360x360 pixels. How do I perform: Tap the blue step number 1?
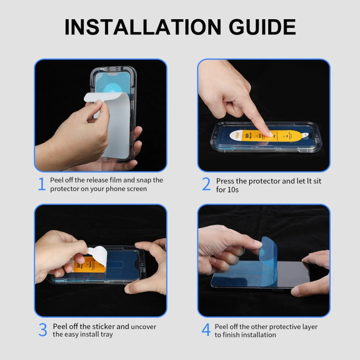(41, 184)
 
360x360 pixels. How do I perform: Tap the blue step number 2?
(206, 184)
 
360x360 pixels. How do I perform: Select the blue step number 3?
(42, 330)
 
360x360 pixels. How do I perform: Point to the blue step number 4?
(206, 330)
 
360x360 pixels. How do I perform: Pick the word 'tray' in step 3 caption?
(106, 335)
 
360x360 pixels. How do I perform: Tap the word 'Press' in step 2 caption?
(225, 181)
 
